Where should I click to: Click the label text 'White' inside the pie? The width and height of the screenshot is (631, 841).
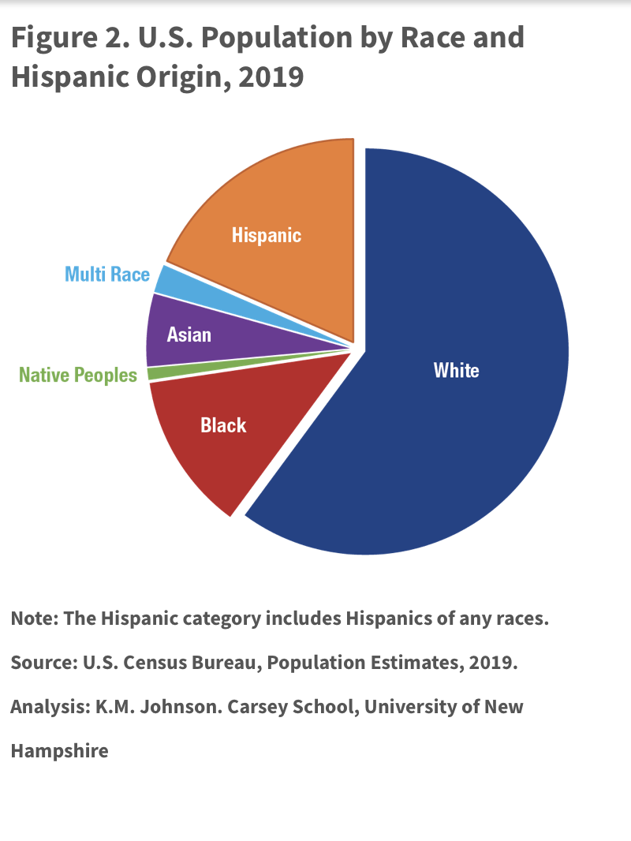tap(456, 370)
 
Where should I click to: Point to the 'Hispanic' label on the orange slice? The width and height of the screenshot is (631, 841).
tap(267, 235)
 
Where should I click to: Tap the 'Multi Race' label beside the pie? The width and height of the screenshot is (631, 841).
tap(106, 275)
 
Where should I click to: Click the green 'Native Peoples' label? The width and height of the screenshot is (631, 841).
tap(78, 376)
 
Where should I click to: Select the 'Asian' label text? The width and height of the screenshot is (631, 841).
tap(189, 335)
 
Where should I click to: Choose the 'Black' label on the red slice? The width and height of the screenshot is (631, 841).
tap(223, 426)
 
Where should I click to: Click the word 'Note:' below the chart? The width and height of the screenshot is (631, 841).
tap(34, 619)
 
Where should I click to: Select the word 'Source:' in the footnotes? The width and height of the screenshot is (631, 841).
tap(43, 663)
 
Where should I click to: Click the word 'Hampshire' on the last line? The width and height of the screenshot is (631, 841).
tap(59, 750)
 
